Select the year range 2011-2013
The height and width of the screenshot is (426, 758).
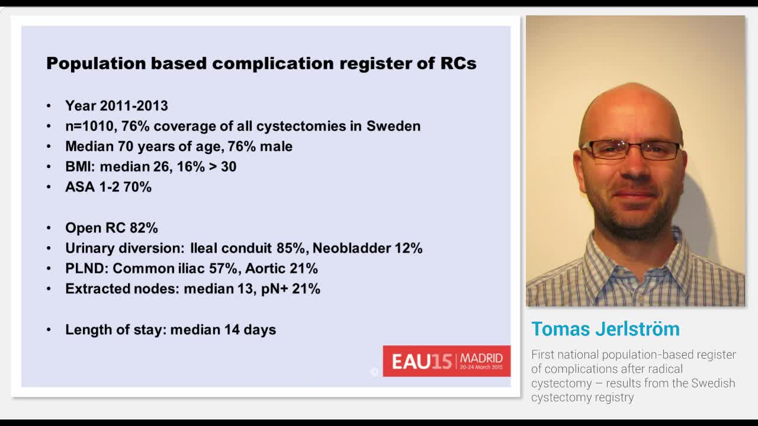click(134, 106)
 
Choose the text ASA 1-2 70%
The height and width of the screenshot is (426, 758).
click(108, 187)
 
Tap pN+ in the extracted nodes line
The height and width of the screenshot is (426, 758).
click(273, 289)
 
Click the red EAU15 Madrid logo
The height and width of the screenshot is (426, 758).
click(447, 361)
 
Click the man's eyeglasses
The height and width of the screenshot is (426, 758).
click(632, 149)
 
